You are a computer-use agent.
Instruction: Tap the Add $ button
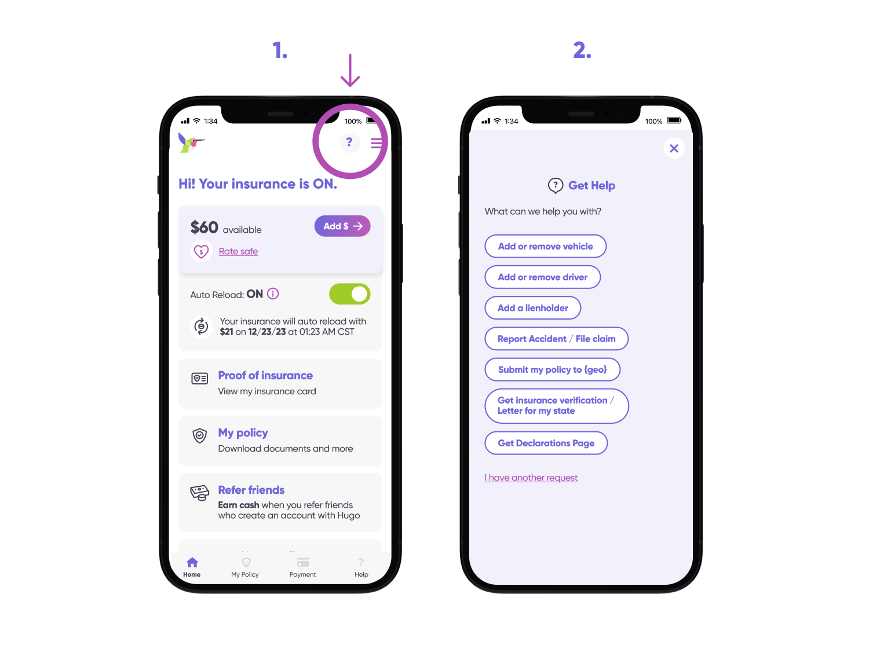pyautogui.click(x=342, y=226)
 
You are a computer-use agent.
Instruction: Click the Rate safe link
pyautogui.click(x=238, y=251)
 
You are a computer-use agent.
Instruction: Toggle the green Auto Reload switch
pyautogui.click(x=349, y=294)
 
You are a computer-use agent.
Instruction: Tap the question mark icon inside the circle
pyautogui.click(x=349, y=142)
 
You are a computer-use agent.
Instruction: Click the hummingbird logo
pyautogui.click(x=191, y=142)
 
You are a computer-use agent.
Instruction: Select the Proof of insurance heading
pyautogui.click(x=265, y=376)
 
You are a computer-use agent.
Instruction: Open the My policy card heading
pyautogui.click(x=243, y=433)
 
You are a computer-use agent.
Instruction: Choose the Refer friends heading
pyautogui.click(x=251, y=490)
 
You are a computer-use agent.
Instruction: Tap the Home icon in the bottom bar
pyautogui.click(x=192, y=563)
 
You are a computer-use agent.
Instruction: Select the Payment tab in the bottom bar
pyautogui.click(x=303, y=567)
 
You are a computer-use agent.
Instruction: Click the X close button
pyautogui.click(x=674, y=149)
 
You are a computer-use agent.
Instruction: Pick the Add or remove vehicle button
pyautogui.click(x=545, y=247)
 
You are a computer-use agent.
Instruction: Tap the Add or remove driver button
pyautogui.click(x=542, y=277)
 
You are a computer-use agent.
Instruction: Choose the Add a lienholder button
pyautogui.click(x=532, y=308)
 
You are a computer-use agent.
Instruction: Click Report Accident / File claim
pyautogui.click(x=556, y=339)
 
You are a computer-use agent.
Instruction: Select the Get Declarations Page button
pyautogui.click(x=546, y=443)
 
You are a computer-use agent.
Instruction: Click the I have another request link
pyautogui.click(x=531, y=478)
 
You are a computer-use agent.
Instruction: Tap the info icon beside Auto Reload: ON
pyautogui.click(x=273, y=294)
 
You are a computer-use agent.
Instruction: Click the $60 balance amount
pyautogui.click(x=205, y=228)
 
